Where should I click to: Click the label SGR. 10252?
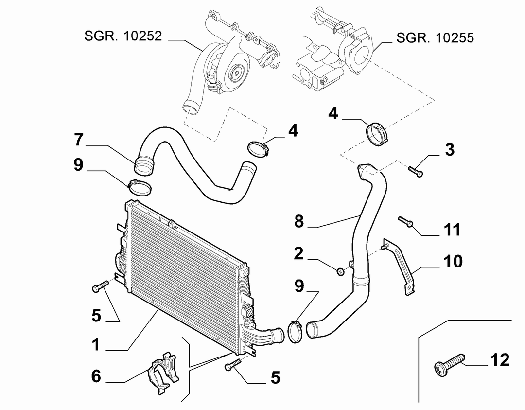(x=123, y=36)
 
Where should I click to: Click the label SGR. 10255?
(x=435, y=37)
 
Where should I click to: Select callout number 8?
(x=299, y=221)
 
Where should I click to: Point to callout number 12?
(x=500, y=360)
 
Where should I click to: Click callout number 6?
(x=96, y=376)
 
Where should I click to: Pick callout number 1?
(x=96, y=344)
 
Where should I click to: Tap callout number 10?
(x=453, y=261)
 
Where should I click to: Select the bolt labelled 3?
(x=415, y=171)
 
